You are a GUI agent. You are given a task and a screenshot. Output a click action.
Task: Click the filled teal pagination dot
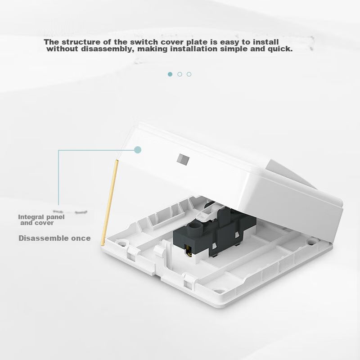click(170, 74)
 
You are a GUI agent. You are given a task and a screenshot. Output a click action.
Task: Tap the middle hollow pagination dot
click(180, 74)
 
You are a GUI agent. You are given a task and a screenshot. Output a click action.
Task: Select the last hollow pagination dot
click(189, 74)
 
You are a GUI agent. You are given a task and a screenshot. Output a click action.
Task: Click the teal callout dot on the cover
click(138, 150)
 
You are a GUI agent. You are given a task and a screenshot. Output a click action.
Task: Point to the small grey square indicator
click(183, 159)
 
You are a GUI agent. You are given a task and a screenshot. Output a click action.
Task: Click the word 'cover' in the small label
click(45, 223)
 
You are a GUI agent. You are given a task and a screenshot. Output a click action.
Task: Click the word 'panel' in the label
click(55, 217)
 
